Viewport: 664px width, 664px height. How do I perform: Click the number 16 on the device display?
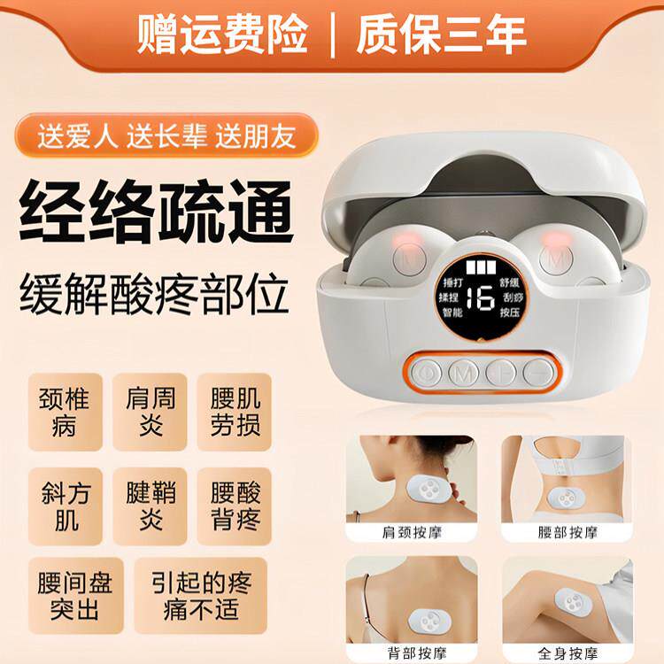(x=482, y=298)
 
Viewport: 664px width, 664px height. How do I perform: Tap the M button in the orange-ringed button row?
(x=462, y=372)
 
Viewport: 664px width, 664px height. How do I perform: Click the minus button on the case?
(x=536, y=372)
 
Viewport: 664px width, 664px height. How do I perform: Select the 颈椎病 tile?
(x=65, y=412)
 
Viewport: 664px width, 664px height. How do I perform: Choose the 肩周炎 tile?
(x=151, y=412)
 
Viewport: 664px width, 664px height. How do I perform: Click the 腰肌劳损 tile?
(x=235, y=412)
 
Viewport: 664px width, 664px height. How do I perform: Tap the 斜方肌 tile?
(x=65, y=506)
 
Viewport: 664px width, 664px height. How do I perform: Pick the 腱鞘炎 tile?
(x=151, y=506)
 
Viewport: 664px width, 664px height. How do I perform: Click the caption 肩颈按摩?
(x=411, y=533)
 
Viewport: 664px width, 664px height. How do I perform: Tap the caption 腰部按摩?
(x=567, y=533)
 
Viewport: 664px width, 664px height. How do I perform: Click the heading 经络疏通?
(x=157, y=210)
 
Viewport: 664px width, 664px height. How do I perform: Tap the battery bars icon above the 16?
(x=482, y=268)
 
